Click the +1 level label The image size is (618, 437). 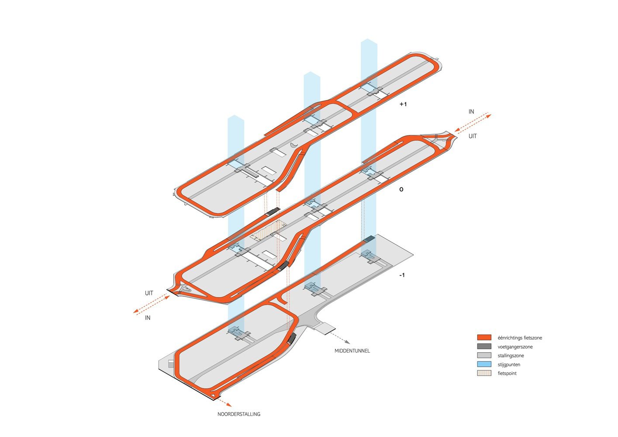click(x=403, y=104)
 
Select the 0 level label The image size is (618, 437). click(x=401, y=190)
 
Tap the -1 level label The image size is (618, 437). click(x=402, y=275)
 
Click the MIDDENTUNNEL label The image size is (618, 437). click(x=352, y=351)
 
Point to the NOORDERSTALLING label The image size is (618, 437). click(x=239, y=414)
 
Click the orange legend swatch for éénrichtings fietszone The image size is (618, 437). click(x=484, y=338)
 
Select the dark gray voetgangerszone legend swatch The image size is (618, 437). click(x=484, y=347)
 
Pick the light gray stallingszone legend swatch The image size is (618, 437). click(x=484, y=356)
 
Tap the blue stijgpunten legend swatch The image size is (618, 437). click(x=484, y=364)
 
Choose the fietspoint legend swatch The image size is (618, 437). click(x=484, y=373)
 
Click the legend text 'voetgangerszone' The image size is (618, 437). click(x=515, y=347)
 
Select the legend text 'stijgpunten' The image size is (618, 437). click(x=509, y=364)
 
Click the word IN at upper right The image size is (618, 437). click(x=471, y=112)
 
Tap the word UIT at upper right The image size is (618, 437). click(x=473, y=136)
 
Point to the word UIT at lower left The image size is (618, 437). click(x=149, y=293)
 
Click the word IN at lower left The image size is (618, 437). click(x=148, y=318)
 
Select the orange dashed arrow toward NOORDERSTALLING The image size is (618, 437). click(x=225, y=402)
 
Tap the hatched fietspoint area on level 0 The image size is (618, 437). click(x=268, y=230)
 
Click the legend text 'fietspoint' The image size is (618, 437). click(x=507, y=373)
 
